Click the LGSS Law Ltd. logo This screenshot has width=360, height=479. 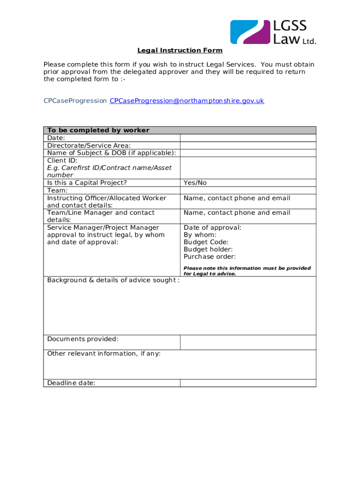point(273,32)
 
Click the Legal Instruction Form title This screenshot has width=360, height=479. point(180,51)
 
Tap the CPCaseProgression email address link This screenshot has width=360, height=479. point(187,101)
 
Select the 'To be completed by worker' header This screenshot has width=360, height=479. point(98,131)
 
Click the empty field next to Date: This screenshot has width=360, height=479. point(248,138)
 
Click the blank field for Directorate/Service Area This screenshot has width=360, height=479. point(248,145)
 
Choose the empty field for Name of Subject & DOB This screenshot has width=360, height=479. point(248,153)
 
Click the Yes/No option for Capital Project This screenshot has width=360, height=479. point(195,183)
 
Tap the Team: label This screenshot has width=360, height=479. point(58,190)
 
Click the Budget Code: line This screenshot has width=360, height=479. point(206,242)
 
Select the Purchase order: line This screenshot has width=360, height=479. point(209,256)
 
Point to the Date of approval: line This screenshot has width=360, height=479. point(212,227)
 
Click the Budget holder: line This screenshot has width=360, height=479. point(208,249)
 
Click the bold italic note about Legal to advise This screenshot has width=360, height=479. point(247,271)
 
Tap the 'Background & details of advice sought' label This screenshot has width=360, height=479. point(113,280)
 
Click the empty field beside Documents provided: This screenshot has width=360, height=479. point(248,342)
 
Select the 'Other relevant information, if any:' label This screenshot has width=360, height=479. point(104,354)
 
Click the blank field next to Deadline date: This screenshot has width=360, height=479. point(248,383)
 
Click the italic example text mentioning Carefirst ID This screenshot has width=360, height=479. point(109,171)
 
